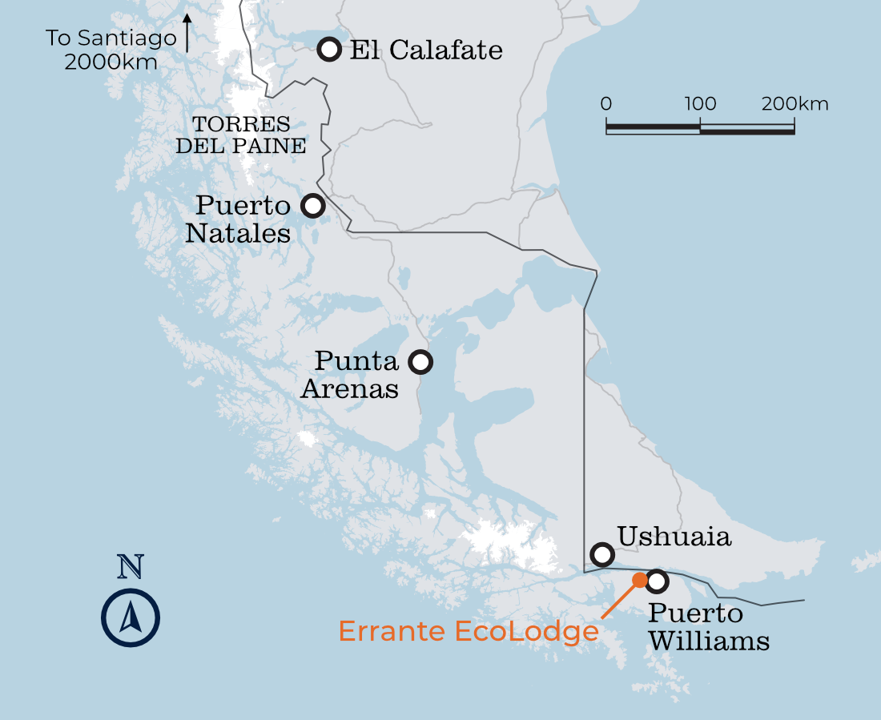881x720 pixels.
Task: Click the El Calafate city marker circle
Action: pos(329,49)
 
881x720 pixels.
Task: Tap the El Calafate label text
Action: pos(426,50)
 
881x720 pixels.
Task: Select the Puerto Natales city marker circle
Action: pos(312,206)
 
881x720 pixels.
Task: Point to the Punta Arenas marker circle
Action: pos(420,362)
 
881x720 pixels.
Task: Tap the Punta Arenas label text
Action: pos(351,375)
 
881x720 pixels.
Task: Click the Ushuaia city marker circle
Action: pos(602,553)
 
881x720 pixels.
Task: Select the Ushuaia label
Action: pos(674,537)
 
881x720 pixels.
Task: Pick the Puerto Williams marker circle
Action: pos(657,581)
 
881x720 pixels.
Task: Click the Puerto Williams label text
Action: pos(708,628)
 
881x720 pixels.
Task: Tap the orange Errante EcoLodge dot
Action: pos(639,579)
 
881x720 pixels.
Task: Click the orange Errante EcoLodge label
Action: pos(469,631)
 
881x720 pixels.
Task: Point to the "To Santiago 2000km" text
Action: pos(111,50)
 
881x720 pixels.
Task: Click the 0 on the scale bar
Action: pos(606,104)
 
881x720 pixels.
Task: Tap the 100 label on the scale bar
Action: pos(700,104)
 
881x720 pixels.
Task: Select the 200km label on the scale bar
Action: pos(795,104)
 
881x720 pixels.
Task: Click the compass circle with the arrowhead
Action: pos(131,617)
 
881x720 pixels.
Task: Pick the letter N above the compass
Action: pos(131,567)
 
